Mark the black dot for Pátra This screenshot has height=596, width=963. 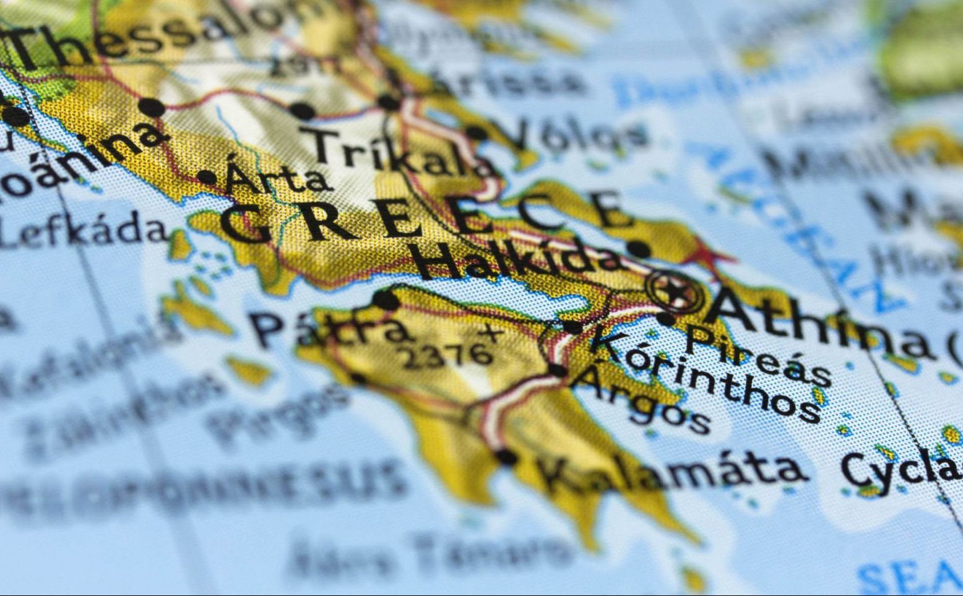coord(386,300)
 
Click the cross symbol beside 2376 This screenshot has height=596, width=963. coord(493,335)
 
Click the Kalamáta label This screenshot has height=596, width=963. coord(672,473)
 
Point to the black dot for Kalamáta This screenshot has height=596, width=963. coord(506,457)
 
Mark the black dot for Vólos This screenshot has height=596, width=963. coord(476,132)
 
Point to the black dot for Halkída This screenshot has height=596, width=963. coord(638,249)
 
